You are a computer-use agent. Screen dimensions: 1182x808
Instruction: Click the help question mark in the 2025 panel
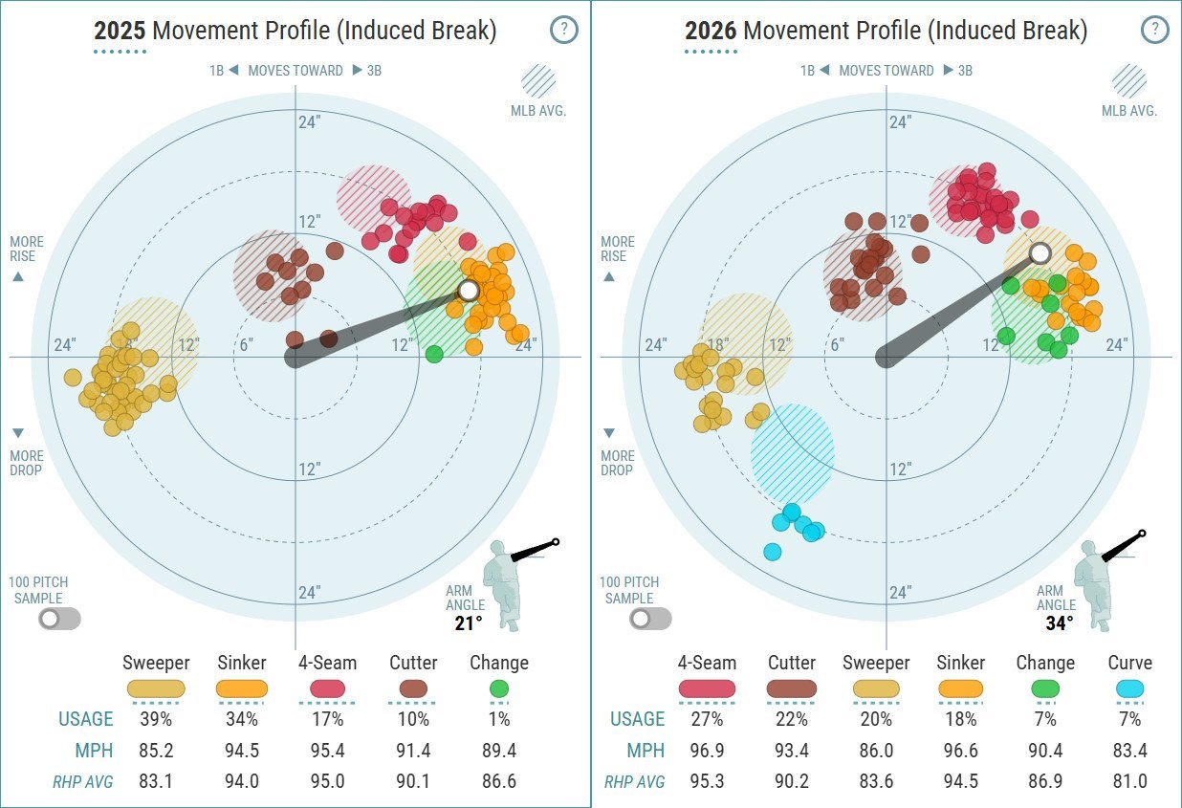tap(563, 30)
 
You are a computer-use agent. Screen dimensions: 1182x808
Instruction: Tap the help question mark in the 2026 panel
tap(1154, 30)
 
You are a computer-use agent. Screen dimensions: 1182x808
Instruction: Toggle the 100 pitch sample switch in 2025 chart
tap(59, 619)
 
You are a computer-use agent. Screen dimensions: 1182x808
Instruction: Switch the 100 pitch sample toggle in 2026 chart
tap(650, 619)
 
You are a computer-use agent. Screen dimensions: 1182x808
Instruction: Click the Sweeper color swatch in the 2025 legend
tap(156, 688)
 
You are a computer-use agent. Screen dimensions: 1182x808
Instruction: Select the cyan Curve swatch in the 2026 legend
tap(1129, 688)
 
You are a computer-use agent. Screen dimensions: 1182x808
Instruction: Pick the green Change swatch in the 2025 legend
tap(498, 688)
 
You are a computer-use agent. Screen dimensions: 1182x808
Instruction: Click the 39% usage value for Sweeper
tap(156, 719)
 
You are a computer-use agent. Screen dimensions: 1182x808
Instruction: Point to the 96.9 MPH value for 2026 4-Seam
tap(707, 750)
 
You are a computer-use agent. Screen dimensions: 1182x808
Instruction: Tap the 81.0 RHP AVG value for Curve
tap(1129, 780)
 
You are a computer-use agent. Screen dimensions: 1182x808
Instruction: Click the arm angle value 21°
tap(469, 623)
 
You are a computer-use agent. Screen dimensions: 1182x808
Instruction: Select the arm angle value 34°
tap(1060, 623)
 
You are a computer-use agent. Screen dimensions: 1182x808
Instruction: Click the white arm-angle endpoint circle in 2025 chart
tap(468, 291)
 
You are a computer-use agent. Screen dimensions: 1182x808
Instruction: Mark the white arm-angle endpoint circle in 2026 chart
tap(1040, 253)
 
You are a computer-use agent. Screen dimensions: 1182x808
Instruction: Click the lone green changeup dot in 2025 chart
tap(434, 354)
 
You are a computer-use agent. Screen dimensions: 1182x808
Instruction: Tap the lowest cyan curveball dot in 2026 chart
tap(773, 552)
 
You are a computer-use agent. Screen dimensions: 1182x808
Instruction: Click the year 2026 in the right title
tap(711, 30)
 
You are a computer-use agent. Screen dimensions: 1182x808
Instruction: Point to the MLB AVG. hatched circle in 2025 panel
tap(538, 81)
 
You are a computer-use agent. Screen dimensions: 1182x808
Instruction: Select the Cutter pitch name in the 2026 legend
tap(792, 663)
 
